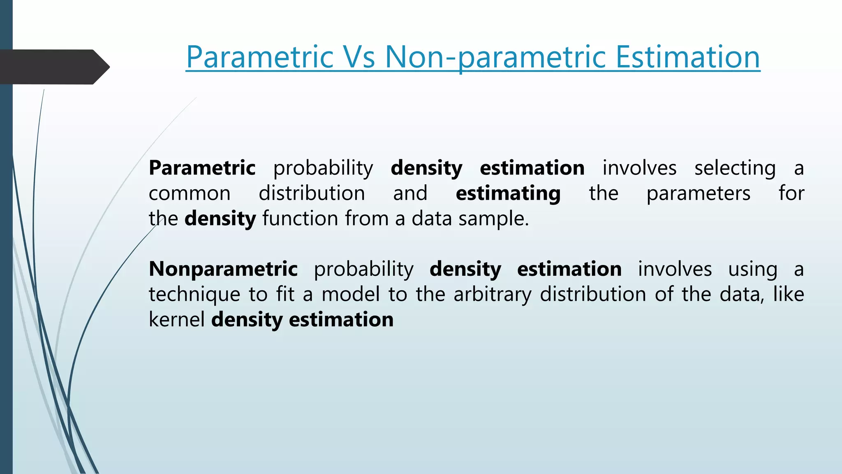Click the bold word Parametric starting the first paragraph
click(x=202, y=168)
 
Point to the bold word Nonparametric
click(x=223, y=269)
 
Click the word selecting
click(x=735, y=168)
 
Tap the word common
click(x=190, y=193)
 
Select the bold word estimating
click(x=508, y=194)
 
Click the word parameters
click(x=698, y=194)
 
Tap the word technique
click(x=194, y=295)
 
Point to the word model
click(x=350, y=295)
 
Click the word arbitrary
click(x=492, y=295)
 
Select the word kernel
click(x=176, y=320)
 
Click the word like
click(x=788, y=295)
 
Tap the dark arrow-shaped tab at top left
click(x=53, y=67)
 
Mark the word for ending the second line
click(x=791, y=193)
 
